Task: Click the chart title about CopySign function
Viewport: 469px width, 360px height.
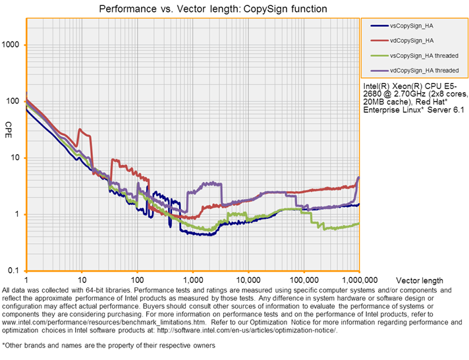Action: (x=212, y=9)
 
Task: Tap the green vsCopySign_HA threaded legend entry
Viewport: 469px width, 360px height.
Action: (x=424, y=55)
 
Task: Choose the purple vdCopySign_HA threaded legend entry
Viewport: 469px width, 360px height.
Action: (x=424, y=70)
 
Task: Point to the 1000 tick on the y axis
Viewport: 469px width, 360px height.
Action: (x=13, y=45)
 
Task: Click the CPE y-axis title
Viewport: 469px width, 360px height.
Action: (x=9, y=125)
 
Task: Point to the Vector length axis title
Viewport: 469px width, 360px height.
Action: (x=421, y=281)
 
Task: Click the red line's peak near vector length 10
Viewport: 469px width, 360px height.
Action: (x=80, y=129)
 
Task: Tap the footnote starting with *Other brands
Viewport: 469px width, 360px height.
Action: (x=109, y=345)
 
